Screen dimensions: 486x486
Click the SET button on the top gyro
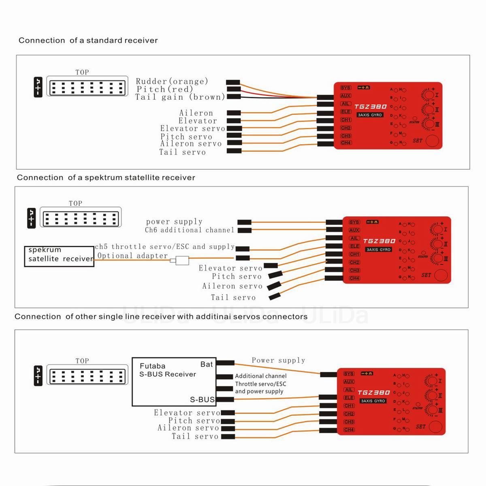point(433,141)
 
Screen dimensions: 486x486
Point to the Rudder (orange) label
point(172,81)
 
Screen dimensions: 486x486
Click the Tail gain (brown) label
point(180,97)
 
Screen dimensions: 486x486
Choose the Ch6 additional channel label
point(190,230)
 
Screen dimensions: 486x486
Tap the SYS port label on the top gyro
point(345,88)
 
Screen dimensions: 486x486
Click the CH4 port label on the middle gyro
point(354,278)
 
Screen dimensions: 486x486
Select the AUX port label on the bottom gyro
point(349,382)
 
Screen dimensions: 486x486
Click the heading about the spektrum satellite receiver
point(106,178)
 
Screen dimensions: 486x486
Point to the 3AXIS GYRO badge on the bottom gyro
point(373,401)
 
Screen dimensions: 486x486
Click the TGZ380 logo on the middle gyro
point(379,241)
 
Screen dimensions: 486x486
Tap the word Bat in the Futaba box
point(207,364)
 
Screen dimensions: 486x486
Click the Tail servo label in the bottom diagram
point(195,437)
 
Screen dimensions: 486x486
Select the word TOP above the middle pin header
point(75,203)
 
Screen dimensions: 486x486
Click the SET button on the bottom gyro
point(436,426)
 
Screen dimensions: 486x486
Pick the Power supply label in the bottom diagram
point(278,360)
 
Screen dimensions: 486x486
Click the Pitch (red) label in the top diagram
point(165,89)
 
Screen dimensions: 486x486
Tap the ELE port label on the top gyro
point(345,112)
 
